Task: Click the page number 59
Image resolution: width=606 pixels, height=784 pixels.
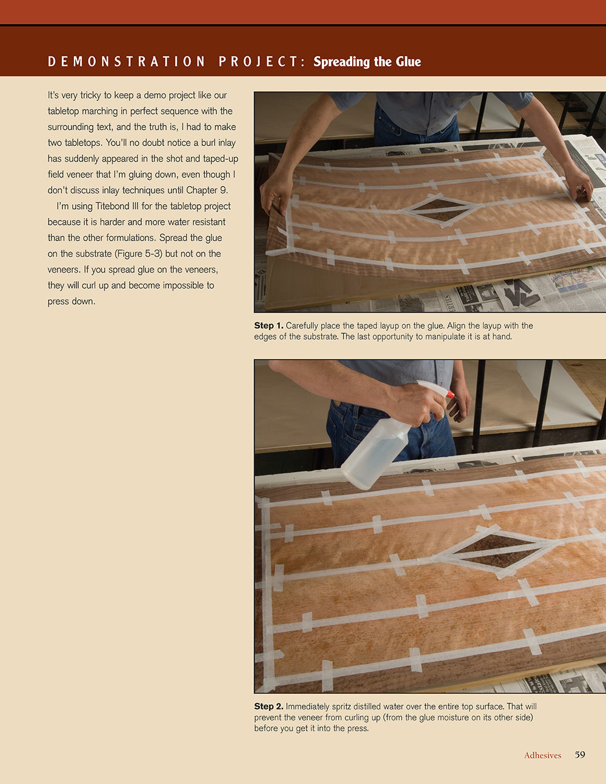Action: coord(580,754)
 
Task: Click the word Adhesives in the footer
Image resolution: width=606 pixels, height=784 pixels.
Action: coord(542,755)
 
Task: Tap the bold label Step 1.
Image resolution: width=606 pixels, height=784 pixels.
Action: coord(268,325)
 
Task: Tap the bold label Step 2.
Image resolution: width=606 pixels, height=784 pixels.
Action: coord(268,706)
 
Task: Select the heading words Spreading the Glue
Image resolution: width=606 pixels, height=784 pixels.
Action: coord(367,61)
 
